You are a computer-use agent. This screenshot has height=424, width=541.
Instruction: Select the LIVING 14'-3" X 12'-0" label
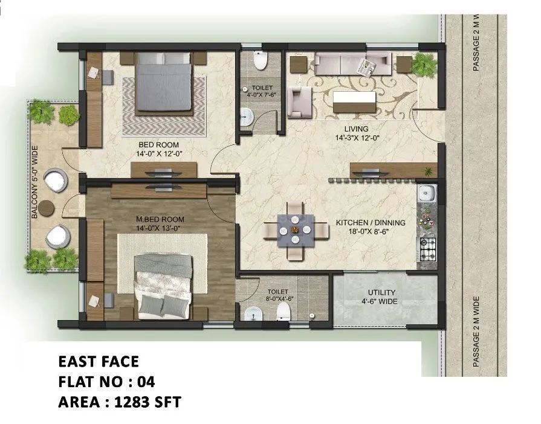(x=356, y=133)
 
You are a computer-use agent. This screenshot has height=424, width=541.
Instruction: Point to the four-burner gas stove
(x=428, y=247)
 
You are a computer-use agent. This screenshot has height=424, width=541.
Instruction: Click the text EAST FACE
(x=99, y=362)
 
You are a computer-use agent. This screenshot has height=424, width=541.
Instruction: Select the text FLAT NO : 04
(x=106, y=382)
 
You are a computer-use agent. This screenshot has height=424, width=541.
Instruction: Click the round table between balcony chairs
(x=50, y=207)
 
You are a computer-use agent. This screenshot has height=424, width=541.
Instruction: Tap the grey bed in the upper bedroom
(x=164, y=85)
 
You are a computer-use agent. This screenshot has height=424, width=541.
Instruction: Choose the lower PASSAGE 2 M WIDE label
(x=476, y=332)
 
